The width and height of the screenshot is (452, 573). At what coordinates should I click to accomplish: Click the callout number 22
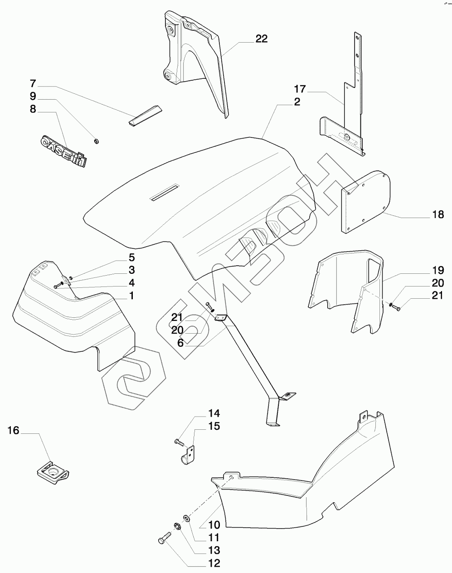[x=261, y=39]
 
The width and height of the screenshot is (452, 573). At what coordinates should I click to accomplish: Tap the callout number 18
[x=437, y=215]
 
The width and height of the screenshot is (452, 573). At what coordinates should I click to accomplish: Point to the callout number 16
[x=14, y=430]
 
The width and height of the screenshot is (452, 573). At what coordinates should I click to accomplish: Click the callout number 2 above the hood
[x=297, y=102]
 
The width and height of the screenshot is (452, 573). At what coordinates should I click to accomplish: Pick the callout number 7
[x=33, y=84]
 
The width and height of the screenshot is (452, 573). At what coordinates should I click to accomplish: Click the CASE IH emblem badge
[x=63, y=149]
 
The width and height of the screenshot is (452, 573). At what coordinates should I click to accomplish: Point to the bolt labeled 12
[x=164, y=540]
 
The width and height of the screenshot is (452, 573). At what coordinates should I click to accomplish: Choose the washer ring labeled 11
[x=187, y=518]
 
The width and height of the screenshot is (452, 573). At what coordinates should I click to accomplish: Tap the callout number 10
[x=214, y=525]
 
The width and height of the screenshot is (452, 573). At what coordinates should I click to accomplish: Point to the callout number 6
[x=180, y=343]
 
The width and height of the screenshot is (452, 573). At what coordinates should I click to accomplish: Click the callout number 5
[x=131, y=257]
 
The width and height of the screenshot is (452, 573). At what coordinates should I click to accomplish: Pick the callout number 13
[x=214, y=550]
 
